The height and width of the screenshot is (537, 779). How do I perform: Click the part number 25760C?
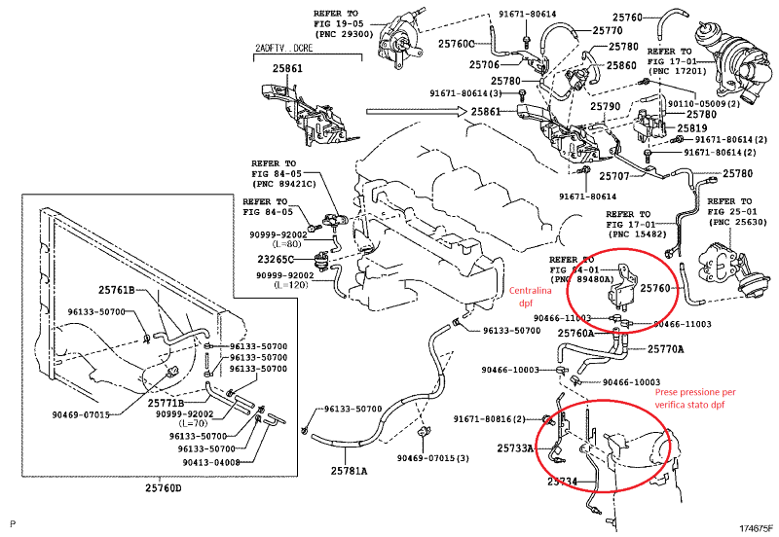[456, 44]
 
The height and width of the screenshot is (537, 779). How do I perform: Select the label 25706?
[484, 65]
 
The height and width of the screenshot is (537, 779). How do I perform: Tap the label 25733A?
[515, 448]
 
